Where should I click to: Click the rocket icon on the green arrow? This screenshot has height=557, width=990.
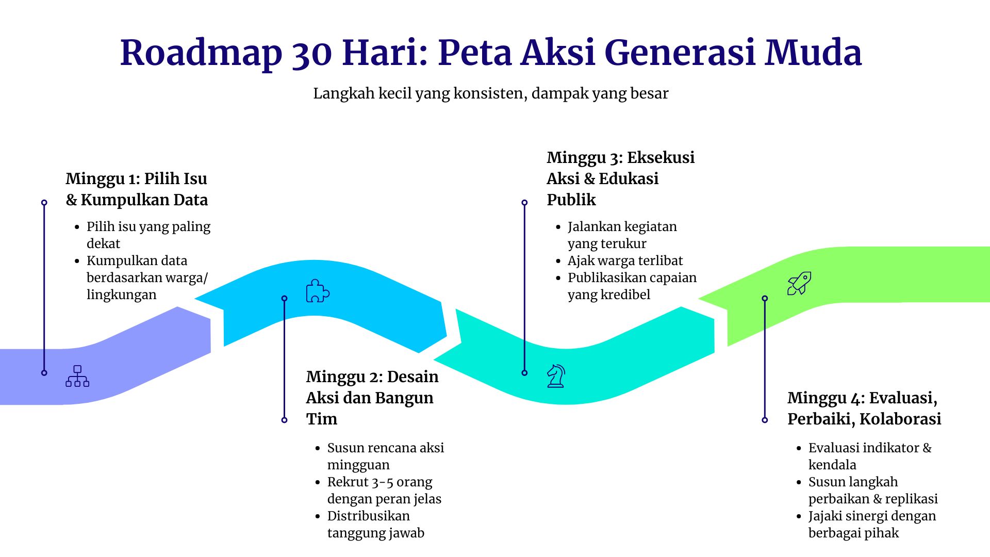click(799, 283)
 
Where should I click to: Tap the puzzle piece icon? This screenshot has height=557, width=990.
click(318, 291)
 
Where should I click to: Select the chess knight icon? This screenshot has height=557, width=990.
click(556, 376)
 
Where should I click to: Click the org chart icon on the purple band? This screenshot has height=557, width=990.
click(77, 376)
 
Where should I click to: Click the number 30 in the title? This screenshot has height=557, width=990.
click(311, 53)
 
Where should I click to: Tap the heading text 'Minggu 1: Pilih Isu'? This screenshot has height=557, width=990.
click(137, 179)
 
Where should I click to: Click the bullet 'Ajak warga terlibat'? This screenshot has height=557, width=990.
click(625, 260)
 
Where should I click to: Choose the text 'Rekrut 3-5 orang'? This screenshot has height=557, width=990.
click(379, 482)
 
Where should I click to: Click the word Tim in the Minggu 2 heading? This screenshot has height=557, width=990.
click(321, 419)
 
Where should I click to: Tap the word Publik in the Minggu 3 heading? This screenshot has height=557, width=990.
click(571, 200)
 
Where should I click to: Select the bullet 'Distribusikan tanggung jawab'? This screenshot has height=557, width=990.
click(376, 525)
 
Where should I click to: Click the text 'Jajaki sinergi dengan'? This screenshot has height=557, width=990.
click(872, 516)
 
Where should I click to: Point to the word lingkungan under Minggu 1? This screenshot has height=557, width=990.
click(122, 295)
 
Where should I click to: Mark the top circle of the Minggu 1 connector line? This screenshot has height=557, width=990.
click(44, 203)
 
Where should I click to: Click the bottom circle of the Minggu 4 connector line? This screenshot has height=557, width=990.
click(765, 420)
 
